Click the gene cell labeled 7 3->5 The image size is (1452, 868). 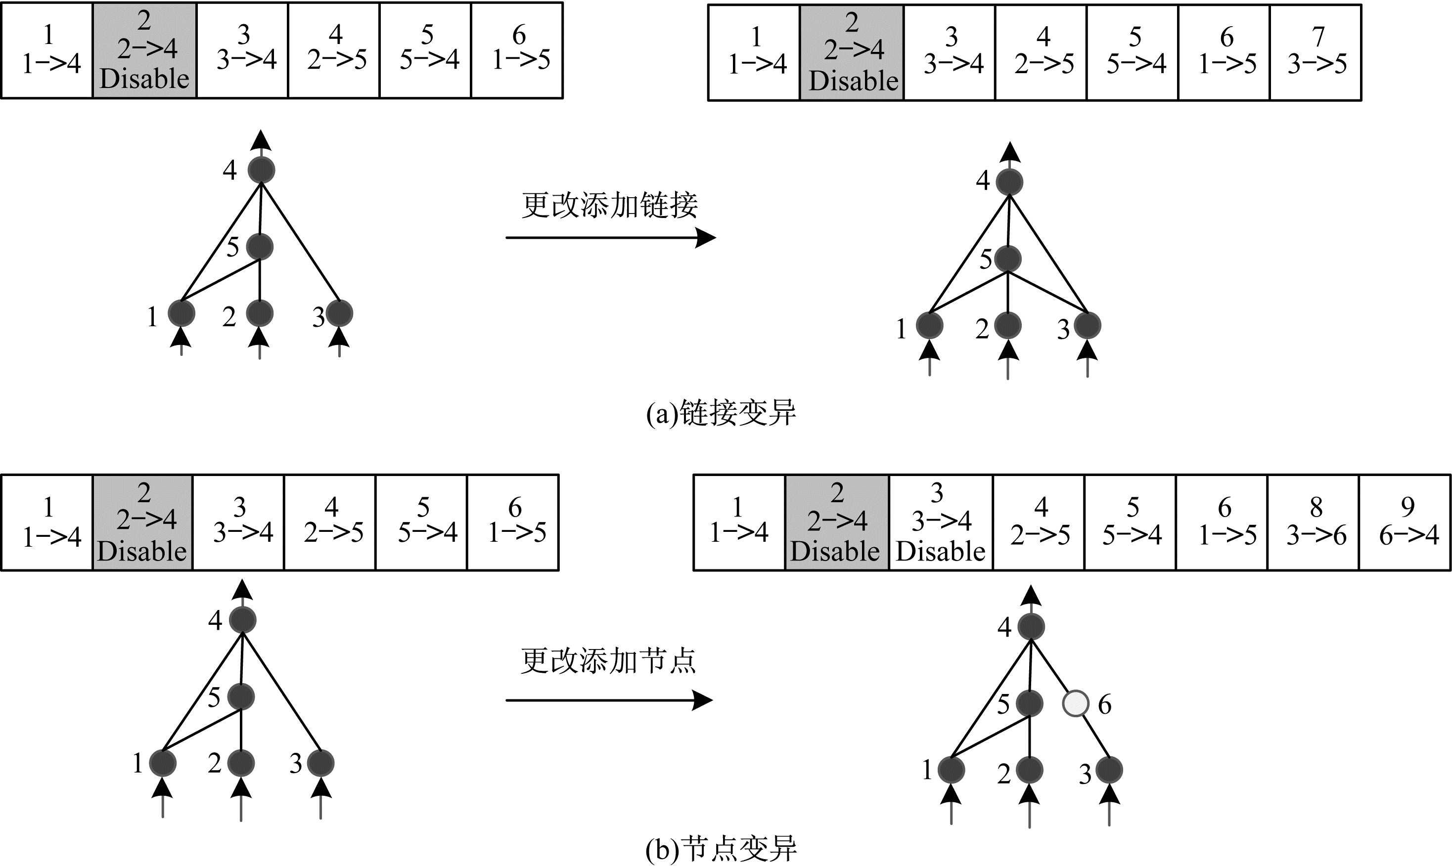(1316, 52)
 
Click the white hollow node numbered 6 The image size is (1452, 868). (1075, 703)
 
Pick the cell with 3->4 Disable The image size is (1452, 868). (941, 522)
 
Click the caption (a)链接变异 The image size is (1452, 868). (721, 414)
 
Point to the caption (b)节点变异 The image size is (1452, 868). (721, 849)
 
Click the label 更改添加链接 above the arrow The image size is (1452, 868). (610, 205)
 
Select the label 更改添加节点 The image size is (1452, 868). (608, 661)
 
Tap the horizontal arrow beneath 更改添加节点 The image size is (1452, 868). (608, 700)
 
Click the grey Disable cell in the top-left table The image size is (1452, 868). (144, 51)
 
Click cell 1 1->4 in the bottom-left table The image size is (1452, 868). (47, 522)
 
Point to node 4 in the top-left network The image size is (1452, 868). (261, 170)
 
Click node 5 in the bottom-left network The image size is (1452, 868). (241, 696)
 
